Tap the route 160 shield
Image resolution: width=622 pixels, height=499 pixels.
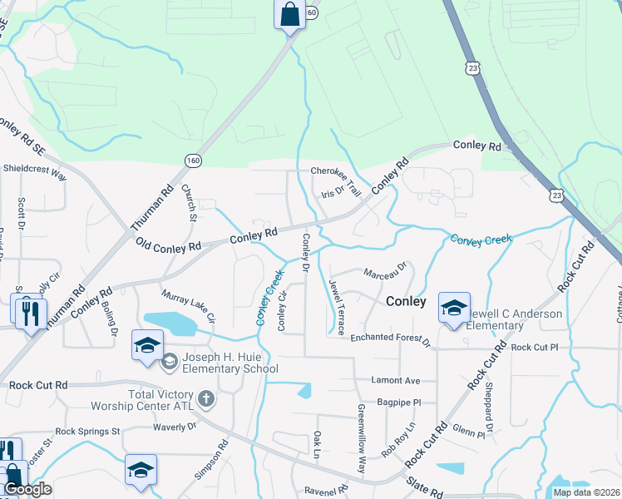[x=193, y=160]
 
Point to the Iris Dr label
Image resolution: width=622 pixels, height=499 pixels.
[x=333, y=192]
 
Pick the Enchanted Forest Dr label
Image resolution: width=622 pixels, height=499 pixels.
[x=390, y=338]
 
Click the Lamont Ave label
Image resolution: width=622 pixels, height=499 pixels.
[x=395, y=379]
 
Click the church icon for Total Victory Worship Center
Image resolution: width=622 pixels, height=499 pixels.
[x=207, y=399]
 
